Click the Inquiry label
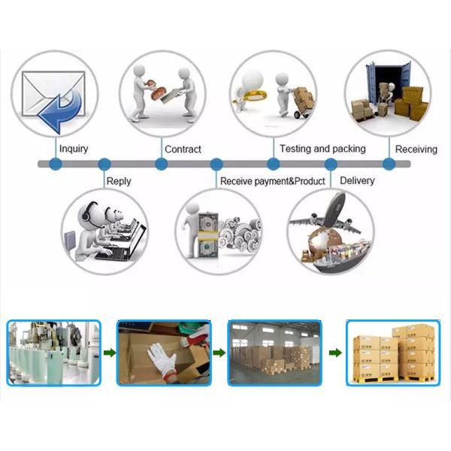(73, 149)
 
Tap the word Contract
(183, 149)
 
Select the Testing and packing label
(322, 149)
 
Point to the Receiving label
(416, 149)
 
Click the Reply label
(119, 180)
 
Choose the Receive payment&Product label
(272, 181)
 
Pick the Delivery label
(357, 180)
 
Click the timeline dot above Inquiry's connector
(54, 163)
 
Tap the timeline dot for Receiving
(389, 163)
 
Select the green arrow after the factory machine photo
(109, 352)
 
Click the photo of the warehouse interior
(274, 352)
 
